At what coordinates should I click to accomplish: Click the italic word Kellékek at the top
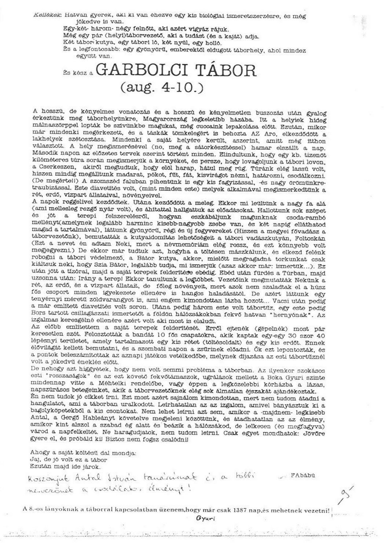pos(43,16)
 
